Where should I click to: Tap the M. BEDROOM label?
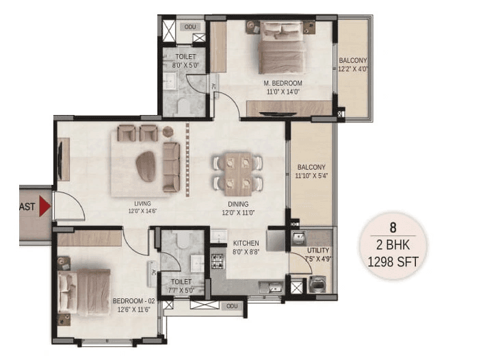(283, 83)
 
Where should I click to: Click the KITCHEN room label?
(245, 244)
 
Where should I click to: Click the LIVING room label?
(142, 203)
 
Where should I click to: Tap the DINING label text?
(239, 204)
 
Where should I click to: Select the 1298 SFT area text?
(393, 260)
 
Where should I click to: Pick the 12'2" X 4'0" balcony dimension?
(353, 68)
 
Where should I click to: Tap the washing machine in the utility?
(318, 285)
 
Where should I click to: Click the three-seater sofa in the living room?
(171, 167)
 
